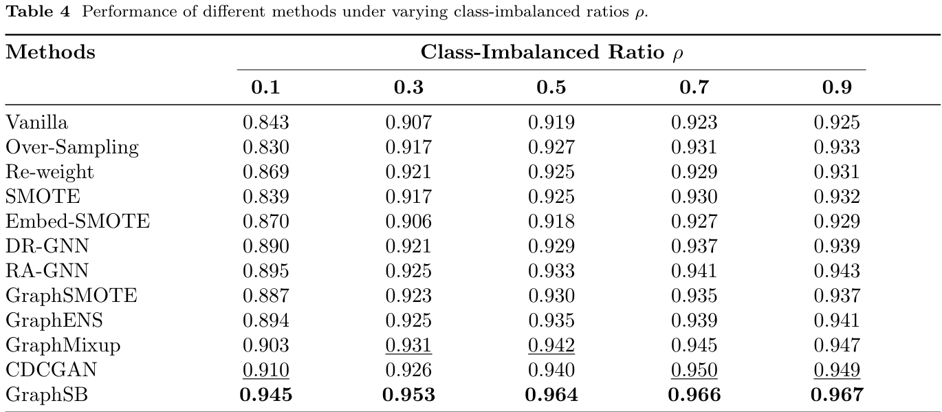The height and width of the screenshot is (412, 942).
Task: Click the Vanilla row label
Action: tap(37, 122)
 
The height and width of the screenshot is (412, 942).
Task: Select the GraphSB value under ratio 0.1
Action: tap(265, 395)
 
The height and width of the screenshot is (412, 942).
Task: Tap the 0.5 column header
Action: tap(551, 87)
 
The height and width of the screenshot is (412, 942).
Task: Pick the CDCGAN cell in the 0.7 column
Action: tap(694, 370)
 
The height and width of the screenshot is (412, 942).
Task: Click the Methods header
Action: tap(51, 52)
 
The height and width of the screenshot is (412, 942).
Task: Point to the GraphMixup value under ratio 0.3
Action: tap(408, 345)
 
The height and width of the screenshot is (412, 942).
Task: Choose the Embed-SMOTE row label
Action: tap(78, 221)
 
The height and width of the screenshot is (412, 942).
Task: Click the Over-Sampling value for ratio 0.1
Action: tap(265, 147)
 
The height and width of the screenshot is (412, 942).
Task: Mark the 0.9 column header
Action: tap(837, 87)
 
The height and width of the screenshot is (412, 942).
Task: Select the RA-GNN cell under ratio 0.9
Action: tap(837, 271)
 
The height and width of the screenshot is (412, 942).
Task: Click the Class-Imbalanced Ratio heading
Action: tap(551, 52)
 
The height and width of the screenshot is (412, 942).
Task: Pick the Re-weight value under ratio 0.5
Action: tap(551, 172)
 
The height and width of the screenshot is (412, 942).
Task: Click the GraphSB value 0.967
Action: tap(837, 395)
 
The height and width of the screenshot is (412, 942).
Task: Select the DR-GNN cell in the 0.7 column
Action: tap(694, 246)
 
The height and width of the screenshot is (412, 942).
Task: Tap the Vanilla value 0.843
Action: tap(265, 122)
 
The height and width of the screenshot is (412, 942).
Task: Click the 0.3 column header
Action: tap(408, 87)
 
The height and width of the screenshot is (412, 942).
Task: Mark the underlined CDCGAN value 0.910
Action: tap(265, 370)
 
